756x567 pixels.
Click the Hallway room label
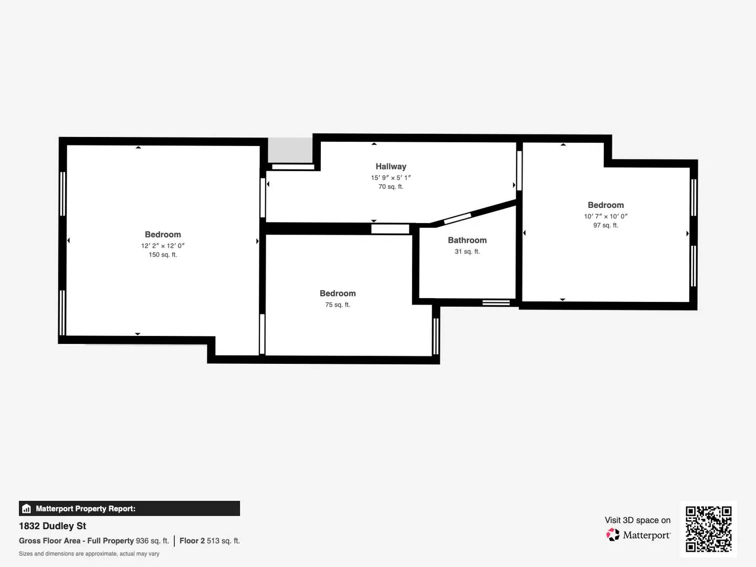[x=391, y=166]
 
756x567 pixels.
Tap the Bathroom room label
[x=467, y=240]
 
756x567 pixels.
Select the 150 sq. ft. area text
[x=163, y=255]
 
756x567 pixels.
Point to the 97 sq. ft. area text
[x=605, y=225]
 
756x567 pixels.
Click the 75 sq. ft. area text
[x=338, y=304]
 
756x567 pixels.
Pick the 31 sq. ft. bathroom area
[x=467, y=251]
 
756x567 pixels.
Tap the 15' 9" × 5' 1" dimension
[x=391, y=177]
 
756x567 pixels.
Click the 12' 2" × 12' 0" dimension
[x=163, y=245]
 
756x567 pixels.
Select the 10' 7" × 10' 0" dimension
[x=605, y=216]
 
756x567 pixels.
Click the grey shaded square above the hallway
[x=290, y=150]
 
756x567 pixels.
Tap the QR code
[x=709, y=529]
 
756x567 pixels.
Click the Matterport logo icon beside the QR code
[x=613, y=535]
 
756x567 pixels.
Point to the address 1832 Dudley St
[x=52, y=526]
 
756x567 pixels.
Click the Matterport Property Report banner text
[x=86, y=509]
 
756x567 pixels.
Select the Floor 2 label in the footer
[x=192, y=541]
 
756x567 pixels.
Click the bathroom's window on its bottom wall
[x=496, y=302]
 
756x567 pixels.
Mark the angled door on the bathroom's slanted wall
[x=457, y=218]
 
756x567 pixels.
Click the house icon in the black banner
[x=26, y=509]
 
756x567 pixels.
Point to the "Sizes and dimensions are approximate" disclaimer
[x=89, y=554]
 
